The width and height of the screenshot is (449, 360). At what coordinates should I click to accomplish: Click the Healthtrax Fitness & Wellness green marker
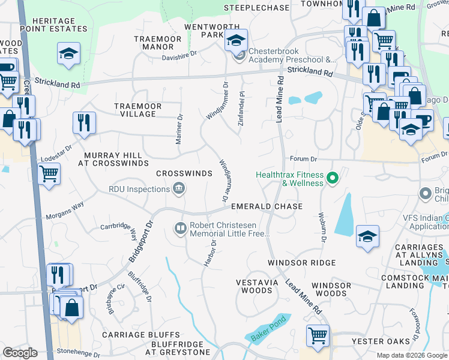[x=333, y=178]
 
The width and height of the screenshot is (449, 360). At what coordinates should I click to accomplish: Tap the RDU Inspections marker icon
[x=178, y=190]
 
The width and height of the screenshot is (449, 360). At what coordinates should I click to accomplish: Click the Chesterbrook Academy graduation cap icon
[x=236, y=41]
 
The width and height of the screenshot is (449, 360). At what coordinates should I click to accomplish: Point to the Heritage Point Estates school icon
[x=68, y=53]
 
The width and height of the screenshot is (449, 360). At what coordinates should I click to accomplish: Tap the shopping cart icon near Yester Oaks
[x=318, y=335]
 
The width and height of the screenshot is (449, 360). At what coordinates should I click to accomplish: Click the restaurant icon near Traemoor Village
[x=84, y=122]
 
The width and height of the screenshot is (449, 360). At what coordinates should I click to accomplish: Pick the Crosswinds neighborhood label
[x=184, y=173]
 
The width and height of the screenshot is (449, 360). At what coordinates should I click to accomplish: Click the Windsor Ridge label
[x=301, y=263]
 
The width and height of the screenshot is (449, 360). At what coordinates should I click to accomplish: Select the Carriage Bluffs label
[x=140, y=334]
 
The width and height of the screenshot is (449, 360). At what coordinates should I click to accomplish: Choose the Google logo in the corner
[x=20, y=353]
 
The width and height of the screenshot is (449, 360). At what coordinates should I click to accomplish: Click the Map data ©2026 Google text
[x=411, y=355]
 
